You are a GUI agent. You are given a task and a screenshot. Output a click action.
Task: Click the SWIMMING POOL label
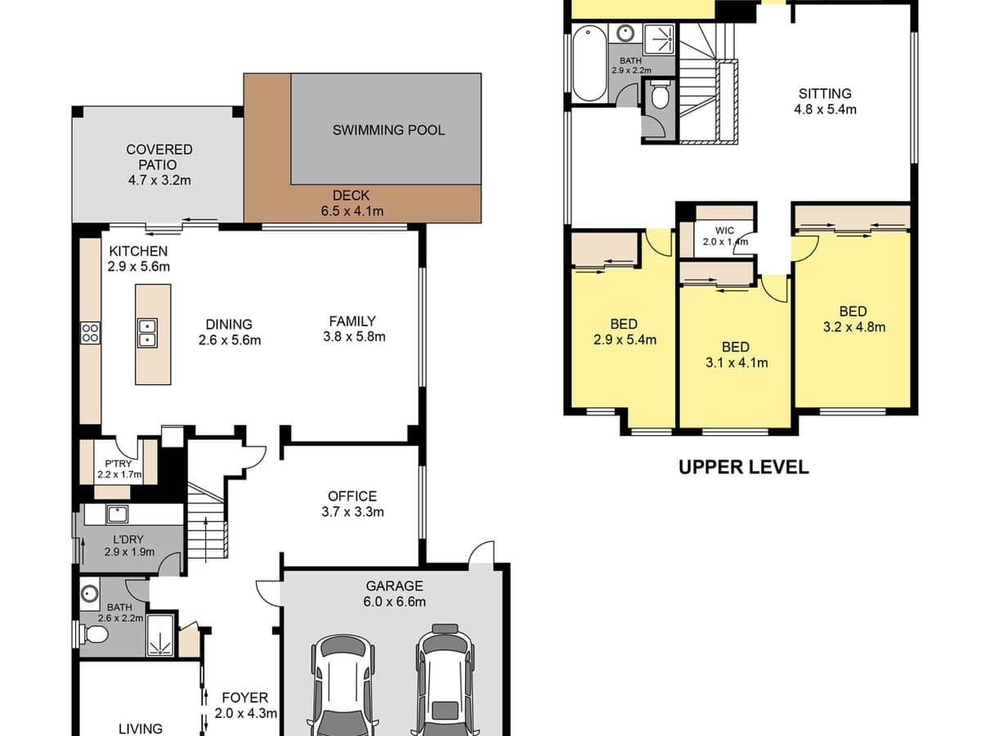coord(388,130)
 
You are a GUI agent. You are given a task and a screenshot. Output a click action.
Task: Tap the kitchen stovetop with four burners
coord(90,333)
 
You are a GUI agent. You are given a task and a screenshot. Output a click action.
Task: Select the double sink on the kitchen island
coord(147,333)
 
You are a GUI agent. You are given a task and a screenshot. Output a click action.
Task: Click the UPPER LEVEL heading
coord(744,468)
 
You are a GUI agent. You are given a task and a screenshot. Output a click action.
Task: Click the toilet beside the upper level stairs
coord(659,94)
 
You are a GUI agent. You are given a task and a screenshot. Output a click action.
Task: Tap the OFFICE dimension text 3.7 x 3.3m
coord(352,512)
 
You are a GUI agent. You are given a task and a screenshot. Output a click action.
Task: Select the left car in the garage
coord(343,686)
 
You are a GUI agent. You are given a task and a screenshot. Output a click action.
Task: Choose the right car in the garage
coord(446,681)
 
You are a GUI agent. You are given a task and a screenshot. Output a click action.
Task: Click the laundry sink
coord(117,514)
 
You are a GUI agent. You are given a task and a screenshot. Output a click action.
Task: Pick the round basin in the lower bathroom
coord(90,594)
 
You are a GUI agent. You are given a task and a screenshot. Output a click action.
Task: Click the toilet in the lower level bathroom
coord(94,634)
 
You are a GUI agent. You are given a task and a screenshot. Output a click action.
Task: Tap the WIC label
coord(724,231)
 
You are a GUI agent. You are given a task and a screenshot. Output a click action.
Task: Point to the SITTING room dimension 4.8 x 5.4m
coord(825,110)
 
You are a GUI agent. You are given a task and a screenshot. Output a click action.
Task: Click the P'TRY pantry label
coord(119,464)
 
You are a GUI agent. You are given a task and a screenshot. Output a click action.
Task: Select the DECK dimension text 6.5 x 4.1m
coord(352,211)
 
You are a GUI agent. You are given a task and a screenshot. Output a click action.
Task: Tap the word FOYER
coord(245,698)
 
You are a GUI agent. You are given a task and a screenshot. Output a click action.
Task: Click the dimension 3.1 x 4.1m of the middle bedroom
coord(737,362)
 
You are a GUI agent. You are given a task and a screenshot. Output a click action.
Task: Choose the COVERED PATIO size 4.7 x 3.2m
coord(159,180)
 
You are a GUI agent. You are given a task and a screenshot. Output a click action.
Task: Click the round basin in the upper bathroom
coord(625,33)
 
